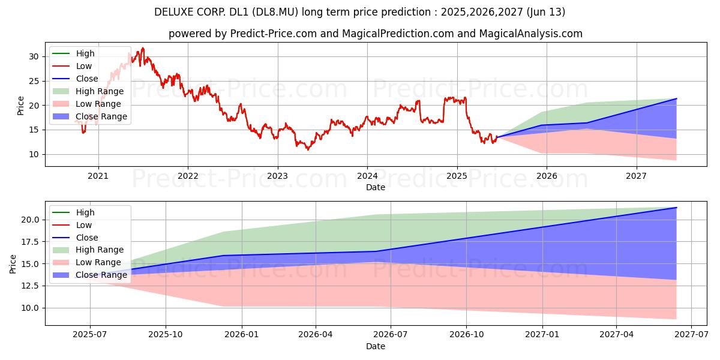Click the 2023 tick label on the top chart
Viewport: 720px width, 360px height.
[x=277, y=176]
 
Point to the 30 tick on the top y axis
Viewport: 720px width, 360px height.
[x=34, y=56]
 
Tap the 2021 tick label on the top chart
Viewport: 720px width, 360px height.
[x=98, y=176]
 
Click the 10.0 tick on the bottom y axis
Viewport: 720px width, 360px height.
[x=30, y=308]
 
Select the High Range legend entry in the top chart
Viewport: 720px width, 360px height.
[x=100, y=91]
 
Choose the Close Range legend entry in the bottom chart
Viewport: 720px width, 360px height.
[x=101, y=275]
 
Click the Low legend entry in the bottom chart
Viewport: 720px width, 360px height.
[x=84, y=225]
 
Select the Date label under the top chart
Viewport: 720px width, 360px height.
[x=376, y=187]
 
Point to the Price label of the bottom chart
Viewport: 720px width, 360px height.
[x=13, y=263]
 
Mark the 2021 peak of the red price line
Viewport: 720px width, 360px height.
[x=143, y=48]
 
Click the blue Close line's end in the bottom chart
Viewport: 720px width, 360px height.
[x=676, y=208]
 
